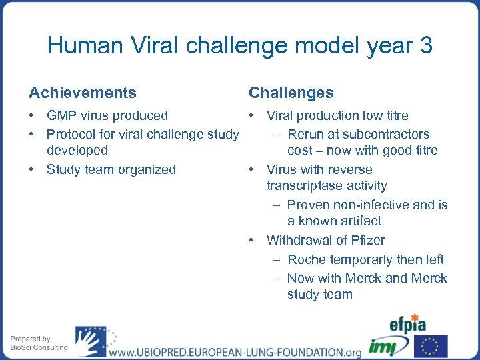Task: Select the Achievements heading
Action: pos(82,93)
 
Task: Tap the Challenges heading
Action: pos(291,93)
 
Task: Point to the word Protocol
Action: pos(73,134)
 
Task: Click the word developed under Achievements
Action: pos(77,151)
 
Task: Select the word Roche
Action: pos(307,259)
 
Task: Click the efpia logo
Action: pos(408,324)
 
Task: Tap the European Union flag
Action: pos(431,346)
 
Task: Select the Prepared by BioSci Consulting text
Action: pos(39,343)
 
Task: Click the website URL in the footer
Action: pos(235,352)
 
